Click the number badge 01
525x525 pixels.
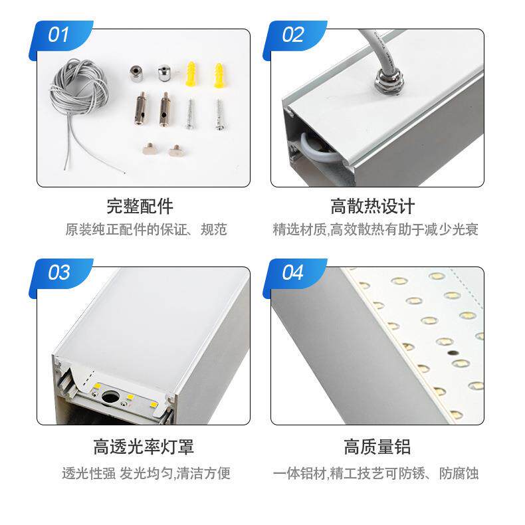point(58,35)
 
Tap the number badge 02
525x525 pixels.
point(292,35)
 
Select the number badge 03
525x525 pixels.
point(58,272)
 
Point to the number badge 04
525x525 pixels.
point(292,272)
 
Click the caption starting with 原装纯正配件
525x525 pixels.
point(146,230)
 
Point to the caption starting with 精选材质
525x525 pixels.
point(375,230)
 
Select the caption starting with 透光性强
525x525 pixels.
point(146,474)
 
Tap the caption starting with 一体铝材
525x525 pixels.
point(375,474)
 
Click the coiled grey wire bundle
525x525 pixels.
point(79,92)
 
